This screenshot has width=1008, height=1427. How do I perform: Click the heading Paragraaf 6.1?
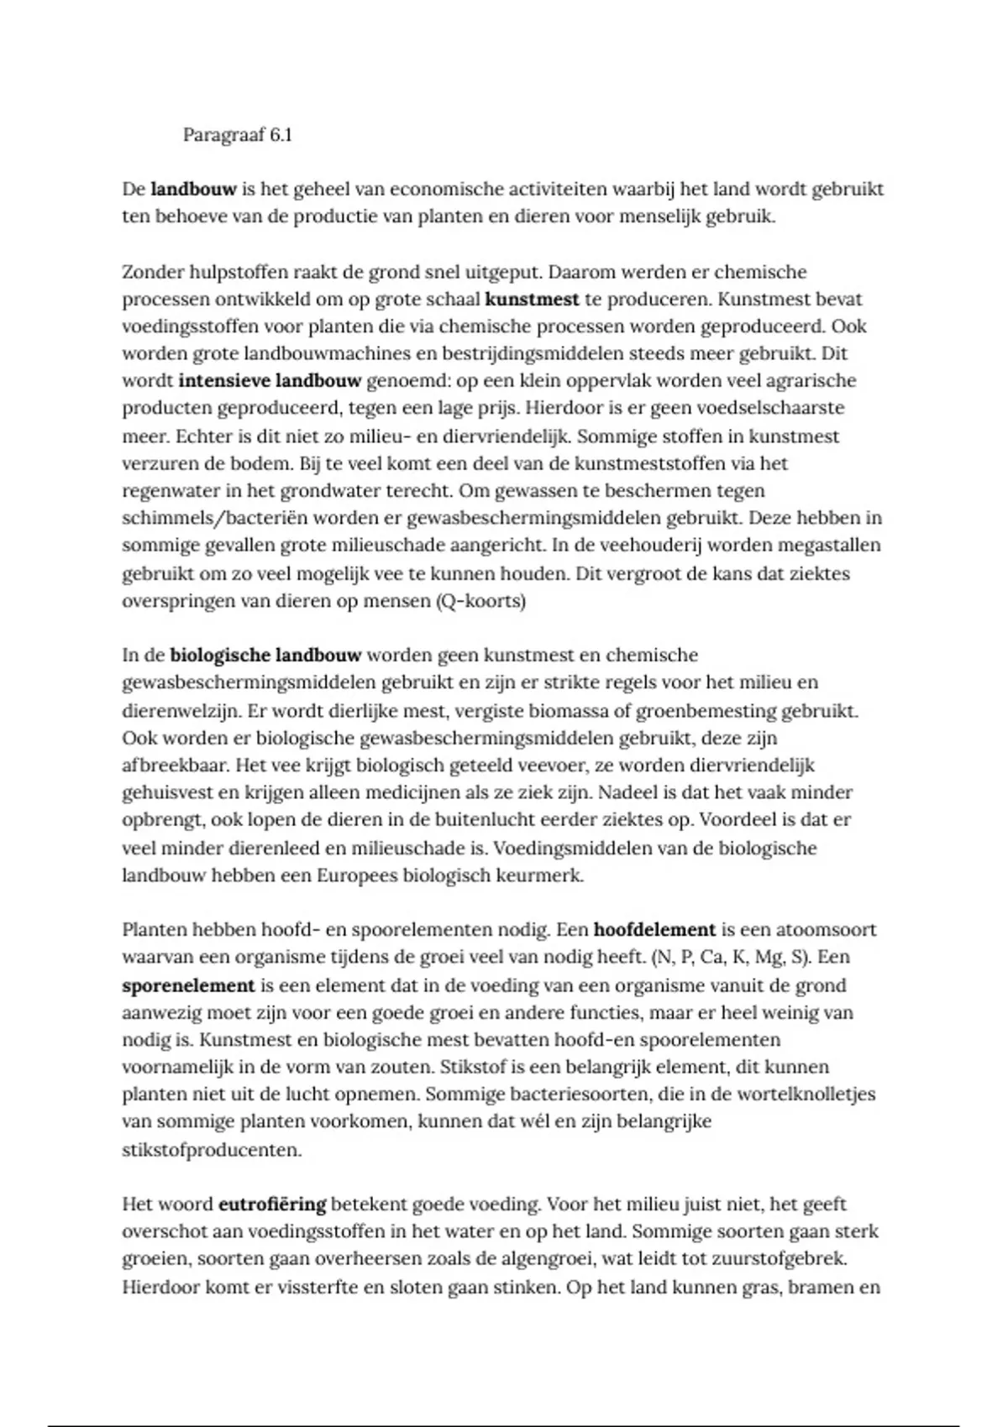point(238,135)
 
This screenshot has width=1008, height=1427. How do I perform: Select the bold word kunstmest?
point(532,299)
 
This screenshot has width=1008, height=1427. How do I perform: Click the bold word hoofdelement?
point(654,929)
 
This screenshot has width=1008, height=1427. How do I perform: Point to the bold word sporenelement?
point(188,985)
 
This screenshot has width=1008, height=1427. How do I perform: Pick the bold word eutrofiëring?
point(272,1204)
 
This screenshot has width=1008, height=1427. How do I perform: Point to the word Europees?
point(357,876)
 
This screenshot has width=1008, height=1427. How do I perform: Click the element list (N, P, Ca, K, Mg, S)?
point(730,957)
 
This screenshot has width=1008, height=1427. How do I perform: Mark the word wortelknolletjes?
point(803,1095)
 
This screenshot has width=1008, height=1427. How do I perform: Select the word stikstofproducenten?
point(212,1150)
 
